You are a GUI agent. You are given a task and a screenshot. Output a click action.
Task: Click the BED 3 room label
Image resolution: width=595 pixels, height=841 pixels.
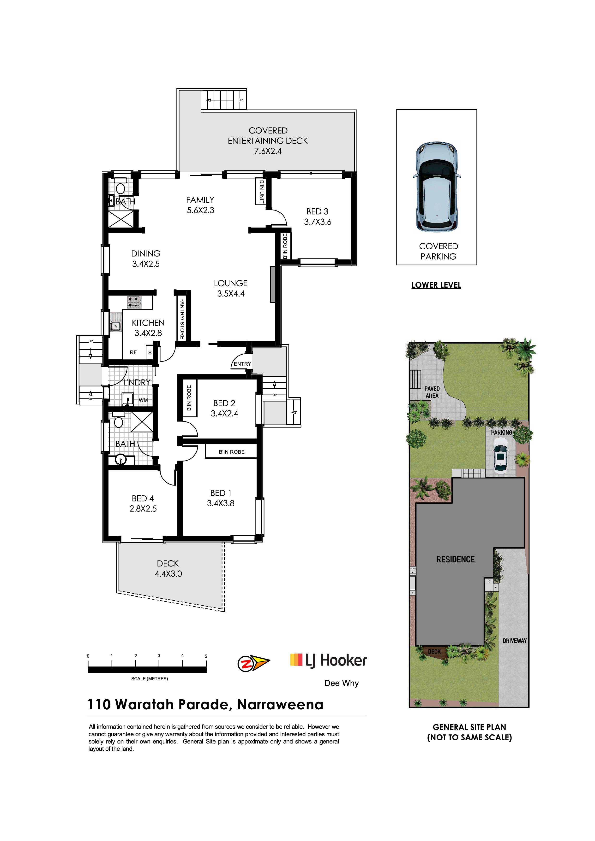pyautogui.click(x=318, y=216)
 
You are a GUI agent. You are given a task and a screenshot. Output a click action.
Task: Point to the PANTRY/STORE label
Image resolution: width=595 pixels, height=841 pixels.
pyautogui.click(x=182, y=318)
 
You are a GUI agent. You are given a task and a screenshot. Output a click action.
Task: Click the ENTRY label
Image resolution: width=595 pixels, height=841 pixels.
pyautogui.click(x=242, y=364)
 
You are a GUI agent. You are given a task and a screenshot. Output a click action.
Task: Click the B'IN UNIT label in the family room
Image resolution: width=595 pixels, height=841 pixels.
pyautogui.click(x=261, y=191)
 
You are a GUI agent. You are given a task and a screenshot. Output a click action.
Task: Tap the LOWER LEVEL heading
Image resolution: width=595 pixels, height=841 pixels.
pyautogui.click(x=436, y=285)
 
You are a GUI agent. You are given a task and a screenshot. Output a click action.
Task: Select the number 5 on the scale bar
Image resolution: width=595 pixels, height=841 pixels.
pyautogui.click(x=206, y=656)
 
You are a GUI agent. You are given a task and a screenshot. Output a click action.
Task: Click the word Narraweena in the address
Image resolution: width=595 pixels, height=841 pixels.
pyautogui.click(x=280, y=704)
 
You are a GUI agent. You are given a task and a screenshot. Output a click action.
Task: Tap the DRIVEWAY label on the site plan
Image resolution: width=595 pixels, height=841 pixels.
pyautogui.click(x=515, y=641)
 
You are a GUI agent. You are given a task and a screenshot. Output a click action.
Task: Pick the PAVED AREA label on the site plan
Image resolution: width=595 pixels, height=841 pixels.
pyautogui.click(x=432, y=392)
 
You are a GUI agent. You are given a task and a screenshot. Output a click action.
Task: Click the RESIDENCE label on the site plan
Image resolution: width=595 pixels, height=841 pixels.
pyautogui.click(x=455, y=559)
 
